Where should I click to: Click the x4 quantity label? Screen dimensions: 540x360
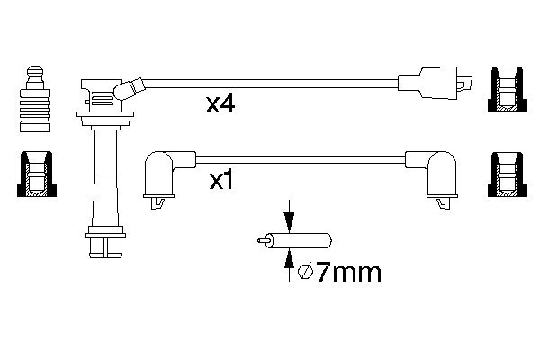tap(220, 104)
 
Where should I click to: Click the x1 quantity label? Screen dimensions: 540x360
tap(221, 181)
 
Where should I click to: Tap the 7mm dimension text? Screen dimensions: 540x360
tap(348, 273)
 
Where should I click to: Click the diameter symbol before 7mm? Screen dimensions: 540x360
tap(305, 273)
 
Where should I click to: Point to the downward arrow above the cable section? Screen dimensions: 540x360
tap(289, 216)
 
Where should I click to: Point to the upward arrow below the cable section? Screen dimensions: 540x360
tap(289, 265)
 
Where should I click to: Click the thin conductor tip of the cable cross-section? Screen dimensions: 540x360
tap(264, 240)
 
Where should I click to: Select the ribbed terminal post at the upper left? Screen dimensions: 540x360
tap(35, 99)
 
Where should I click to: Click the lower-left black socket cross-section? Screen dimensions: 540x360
tap(37, 175)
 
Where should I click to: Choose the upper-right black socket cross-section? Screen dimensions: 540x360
tap(508, 89)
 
